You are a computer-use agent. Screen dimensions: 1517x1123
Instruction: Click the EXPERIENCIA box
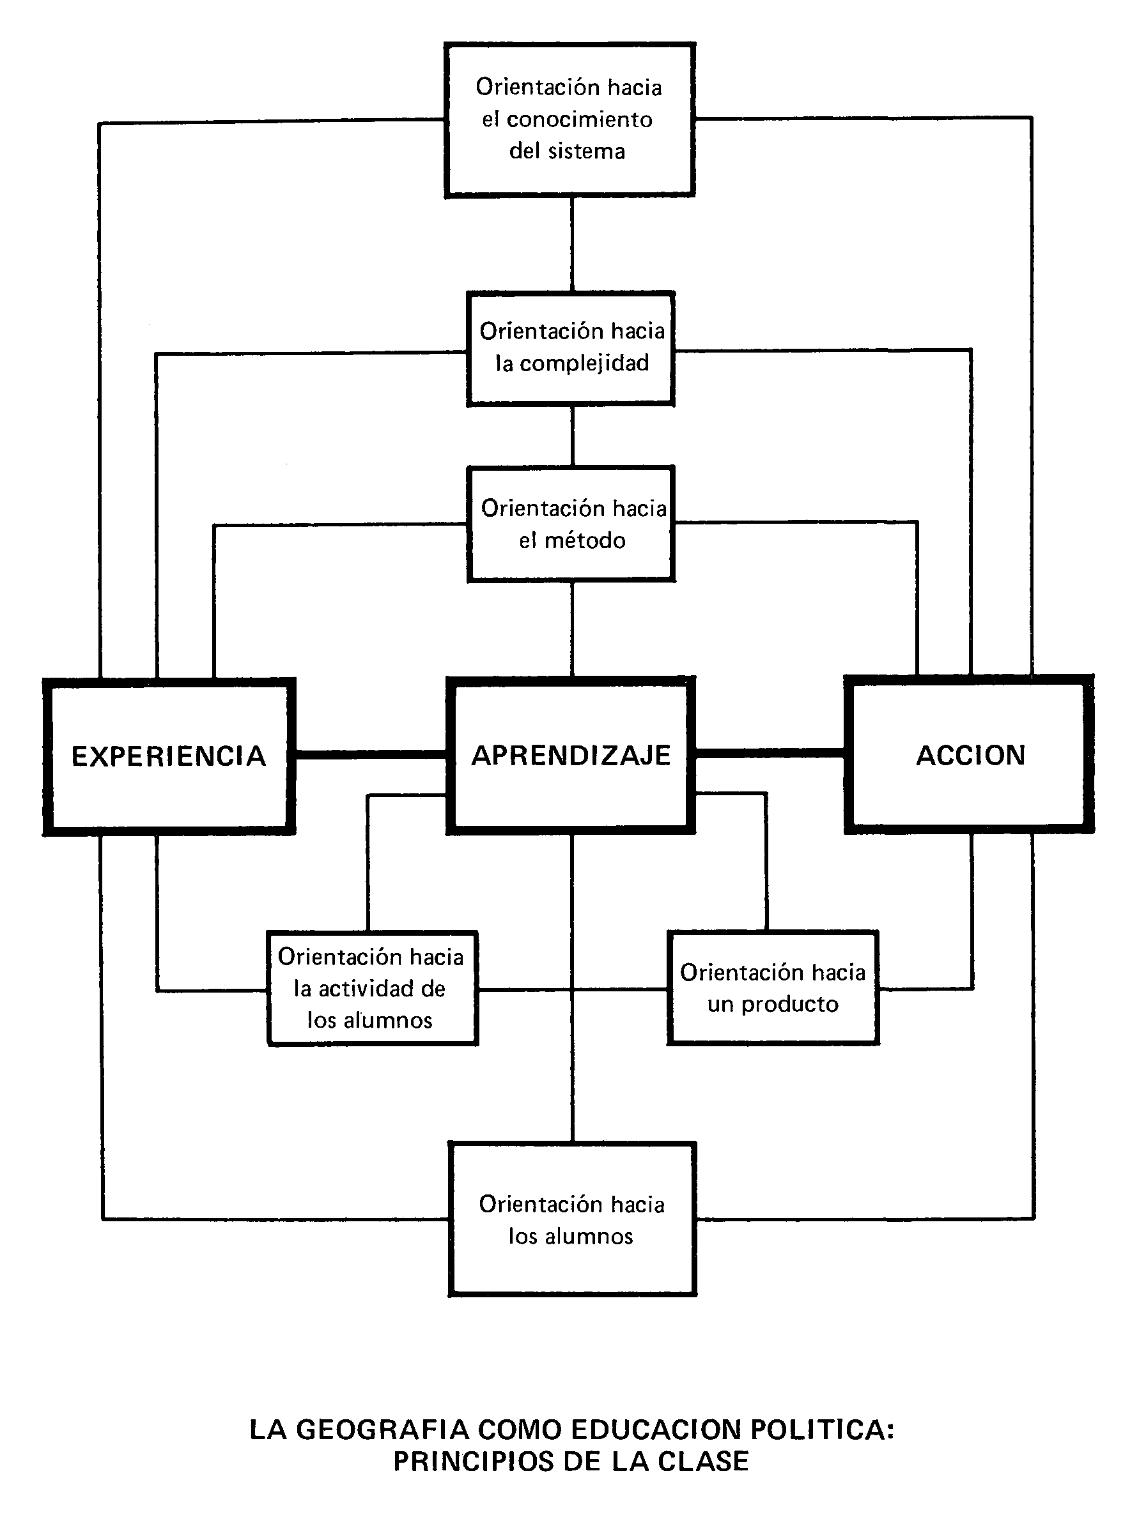[169, 756]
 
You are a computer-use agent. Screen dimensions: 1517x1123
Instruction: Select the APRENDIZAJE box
[571, 755]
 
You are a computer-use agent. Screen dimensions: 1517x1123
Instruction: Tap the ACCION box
[970, 755]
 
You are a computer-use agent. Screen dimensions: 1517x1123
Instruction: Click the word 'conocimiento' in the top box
[579, 119]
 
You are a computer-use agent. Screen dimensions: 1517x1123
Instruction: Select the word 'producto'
[789, 1004]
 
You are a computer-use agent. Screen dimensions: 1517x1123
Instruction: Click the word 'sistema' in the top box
[587, 151]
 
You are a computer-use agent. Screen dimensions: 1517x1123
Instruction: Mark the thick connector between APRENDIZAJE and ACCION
[770, 752]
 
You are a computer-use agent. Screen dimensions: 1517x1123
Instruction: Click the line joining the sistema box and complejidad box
[571, 245]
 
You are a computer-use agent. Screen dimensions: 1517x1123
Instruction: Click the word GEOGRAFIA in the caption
[383, 1429]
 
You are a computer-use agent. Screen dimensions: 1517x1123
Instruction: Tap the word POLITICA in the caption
[822, 1429]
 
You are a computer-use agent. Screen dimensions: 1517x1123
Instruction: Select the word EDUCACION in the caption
[656, 1429]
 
